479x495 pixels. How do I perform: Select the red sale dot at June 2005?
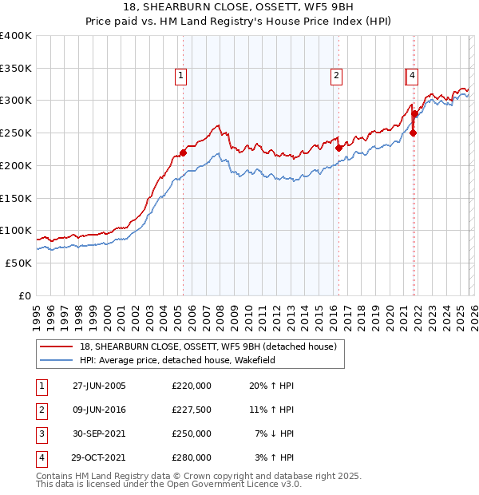183,152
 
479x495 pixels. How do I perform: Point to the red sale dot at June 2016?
338,148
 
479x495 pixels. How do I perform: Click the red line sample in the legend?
57,346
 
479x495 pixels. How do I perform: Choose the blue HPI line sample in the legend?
57,360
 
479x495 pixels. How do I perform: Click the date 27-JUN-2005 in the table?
99,386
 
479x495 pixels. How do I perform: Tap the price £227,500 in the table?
192,410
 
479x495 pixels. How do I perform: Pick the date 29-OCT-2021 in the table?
99,457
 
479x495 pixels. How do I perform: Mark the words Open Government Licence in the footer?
224,484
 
